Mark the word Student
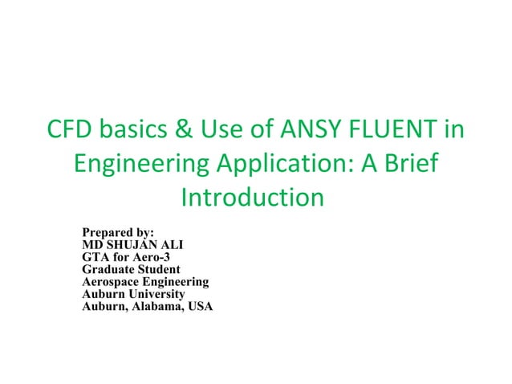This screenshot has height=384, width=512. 160,270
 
